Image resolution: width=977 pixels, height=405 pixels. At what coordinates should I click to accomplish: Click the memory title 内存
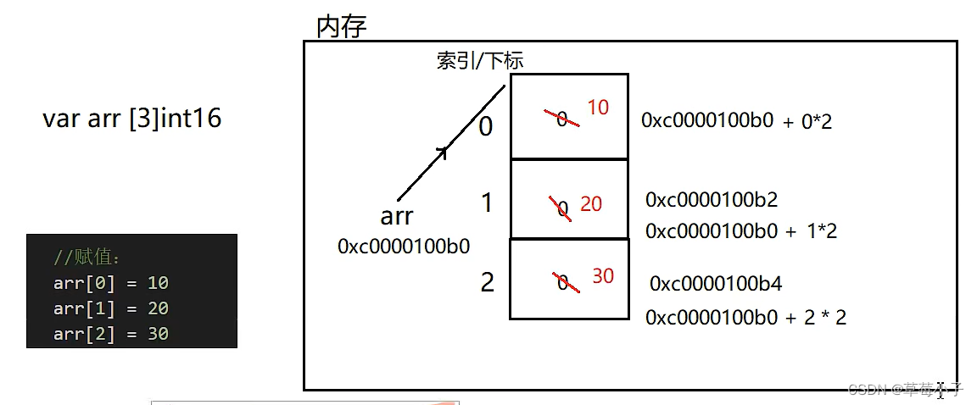[341, 26]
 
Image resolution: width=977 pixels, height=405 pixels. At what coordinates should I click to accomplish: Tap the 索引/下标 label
[480, 60]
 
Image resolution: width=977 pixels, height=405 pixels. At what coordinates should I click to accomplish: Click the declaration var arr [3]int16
[131, 118]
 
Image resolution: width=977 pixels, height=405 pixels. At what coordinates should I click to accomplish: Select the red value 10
[598, 108]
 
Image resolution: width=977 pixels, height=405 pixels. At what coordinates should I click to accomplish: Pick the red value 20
[591, 204]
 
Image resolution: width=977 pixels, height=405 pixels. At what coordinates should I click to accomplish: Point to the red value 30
[602, 276]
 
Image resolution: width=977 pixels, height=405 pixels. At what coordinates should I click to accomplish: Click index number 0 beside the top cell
[486, 126]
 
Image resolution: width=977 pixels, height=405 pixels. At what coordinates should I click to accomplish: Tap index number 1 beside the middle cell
[487, 203]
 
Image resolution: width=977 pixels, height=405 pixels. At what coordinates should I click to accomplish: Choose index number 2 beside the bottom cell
[487, 282]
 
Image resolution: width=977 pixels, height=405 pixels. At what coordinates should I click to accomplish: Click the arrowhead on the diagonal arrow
[440, 153]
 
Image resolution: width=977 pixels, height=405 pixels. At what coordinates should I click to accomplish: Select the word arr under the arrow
[396, 216]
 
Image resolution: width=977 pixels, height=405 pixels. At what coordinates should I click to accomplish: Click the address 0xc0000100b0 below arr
[404, 246]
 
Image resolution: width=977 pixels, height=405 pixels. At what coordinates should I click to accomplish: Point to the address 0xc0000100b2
[711, 200]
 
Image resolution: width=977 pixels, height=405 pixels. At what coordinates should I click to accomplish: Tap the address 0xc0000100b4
[716, 283]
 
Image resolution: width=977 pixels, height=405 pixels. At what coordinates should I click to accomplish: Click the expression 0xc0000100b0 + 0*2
[736, 120]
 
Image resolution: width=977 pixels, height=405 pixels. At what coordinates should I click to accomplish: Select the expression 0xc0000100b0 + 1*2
[740, 230]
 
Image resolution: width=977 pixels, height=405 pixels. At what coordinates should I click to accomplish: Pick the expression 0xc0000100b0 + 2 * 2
[745, 318]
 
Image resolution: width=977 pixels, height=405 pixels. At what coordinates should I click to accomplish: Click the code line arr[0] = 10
[110, 283]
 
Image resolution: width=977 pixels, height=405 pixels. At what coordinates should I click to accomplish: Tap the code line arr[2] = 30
[110, 334]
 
